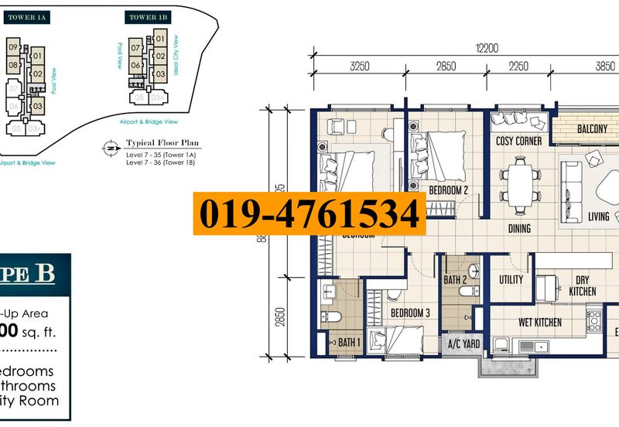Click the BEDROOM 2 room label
coord(450,190)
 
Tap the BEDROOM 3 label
coord(409,313)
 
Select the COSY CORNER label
coord(518,142)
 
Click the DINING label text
coord(519,228)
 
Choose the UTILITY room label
coord(511,279)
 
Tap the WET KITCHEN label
coord(539,322)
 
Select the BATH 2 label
coord(456,279)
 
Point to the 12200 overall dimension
coord(487,48)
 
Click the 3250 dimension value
coord(360,67)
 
